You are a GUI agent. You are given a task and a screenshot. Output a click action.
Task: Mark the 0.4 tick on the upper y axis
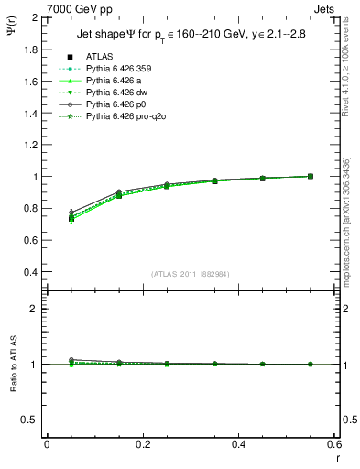[x=28, y=272]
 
